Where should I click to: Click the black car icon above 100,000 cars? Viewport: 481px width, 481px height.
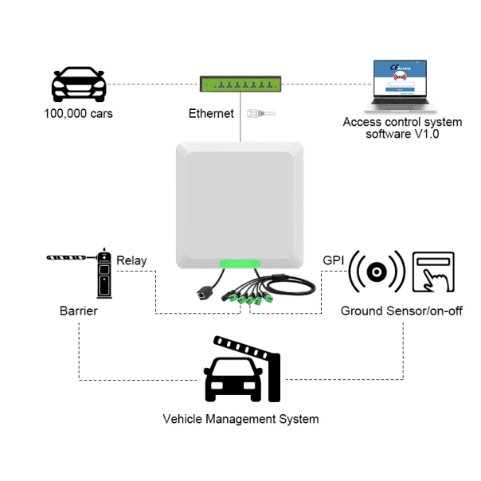click(78, 84)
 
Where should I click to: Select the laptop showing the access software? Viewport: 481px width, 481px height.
click(402, 86)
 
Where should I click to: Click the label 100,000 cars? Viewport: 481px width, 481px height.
click(78, 113)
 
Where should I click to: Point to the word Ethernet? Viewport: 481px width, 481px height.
click(211, 113)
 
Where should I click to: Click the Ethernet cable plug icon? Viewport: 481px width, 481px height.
click(261, 113)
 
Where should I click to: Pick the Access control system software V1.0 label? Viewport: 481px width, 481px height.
click(402, 127)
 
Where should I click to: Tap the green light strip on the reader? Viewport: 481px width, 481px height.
click(240, 264)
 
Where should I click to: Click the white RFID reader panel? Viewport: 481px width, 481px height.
click(240, 203)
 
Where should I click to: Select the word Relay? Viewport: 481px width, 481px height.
click(131, 260)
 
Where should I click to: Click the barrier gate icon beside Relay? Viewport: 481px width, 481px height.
click(88, 271)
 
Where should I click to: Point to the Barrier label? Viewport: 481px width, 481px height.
click(78, 311)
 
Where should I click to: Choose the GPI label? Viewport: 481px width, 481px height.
click(333, 260)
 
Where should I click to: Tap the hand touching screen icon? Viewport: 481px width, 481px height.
click(433, 272)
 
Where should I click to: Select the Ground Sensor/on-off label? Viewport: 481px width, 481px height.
click(401, 311)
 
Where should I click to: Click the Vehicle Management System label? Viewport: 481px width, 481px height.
click(240, 419)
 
